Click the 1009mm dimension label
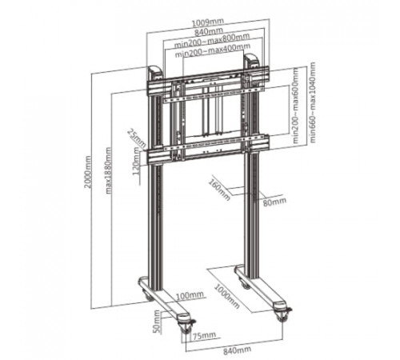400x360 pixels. coord(208,22)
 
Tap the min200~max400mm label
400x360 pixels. coord(213,50)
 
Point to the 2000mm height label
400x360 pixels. coord(88,172)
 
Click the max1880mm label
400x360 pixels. coord(109,170)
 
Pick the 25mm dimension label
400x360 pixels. coord(137,138)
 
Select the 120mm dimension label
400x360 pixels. coord(136,161)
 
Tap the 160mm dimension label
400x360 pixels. coord(219,190)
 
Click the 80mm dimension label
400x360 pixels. coord(274,202)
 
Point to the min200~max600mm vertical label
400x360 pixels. coord(296,106)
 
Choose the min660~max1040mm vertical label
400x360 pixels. coord(312,102)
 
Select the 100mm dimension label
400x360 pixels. coord(190,295)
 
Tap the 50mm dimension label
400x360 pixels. coord(157,322)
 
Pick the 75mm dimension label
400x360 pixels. coord(204,335)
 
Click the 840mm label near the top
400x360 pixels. coord(209,32)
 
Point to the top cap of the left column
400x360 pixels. coord(154,72)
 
